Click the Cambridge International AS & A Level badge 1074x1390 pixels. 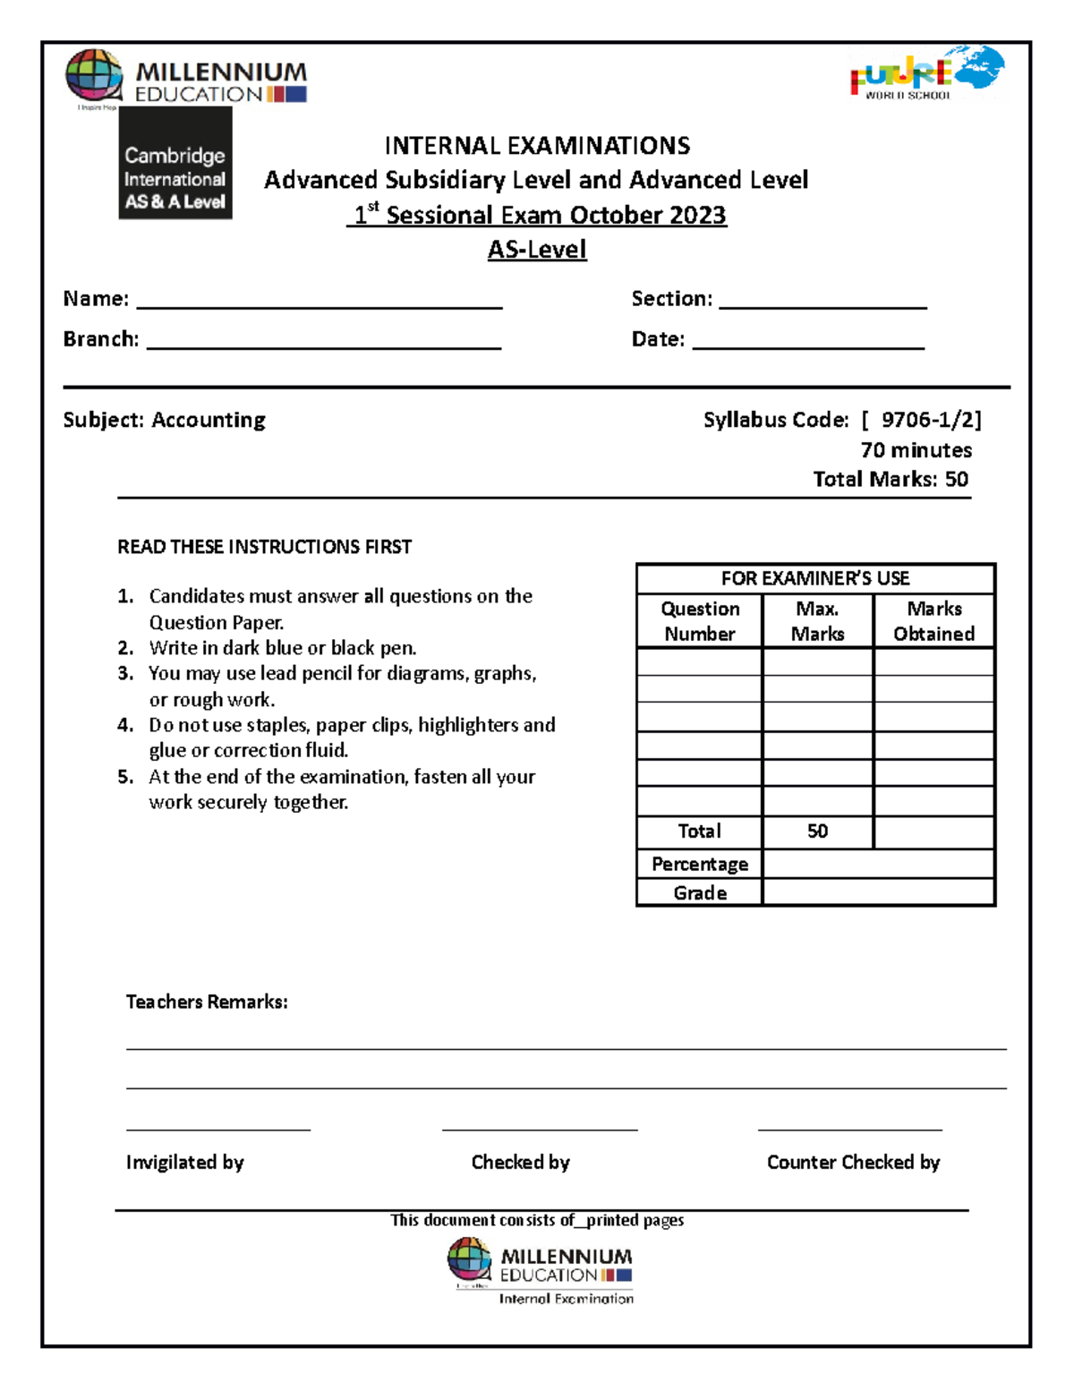pyautogui.click(x=175, y=164)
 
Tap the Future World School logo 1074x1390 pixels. pyautogui.click(x=926, y=72)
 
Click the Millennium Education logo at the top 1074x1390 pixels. pyautogui.click(x=187, y=79)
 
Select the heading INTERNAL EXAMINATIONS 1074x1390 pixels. pyautogui.click(x=537, y=146)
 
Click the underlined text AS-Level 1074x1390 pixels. pyautogui.click(x=537, y=250)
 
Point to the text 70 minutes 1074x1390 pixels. pyautogui.click(x=916, y=450)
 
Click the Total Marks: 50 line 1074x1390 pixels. pyautogui.click(x=890, y=480)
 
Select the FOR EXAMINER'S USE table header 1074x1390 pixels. pyautogui.click(x=815, y=578)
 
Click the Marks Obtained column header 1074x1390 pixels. pyautogui.click(x=933, y=621)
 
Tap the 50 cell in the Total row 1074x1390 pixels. pyautogui.click(x=817, y=831)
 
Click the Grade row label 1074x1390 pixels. pyautogui.click(x=700, y=893)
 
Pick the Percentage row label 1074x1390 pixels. pyautogui.click(x=700, y=865)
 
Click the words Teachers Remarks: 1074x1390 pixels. pyautogui.click(x=207, y=1002)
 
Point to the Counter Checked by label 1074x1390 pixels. pyautogui.click(x=853, y=1163)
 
